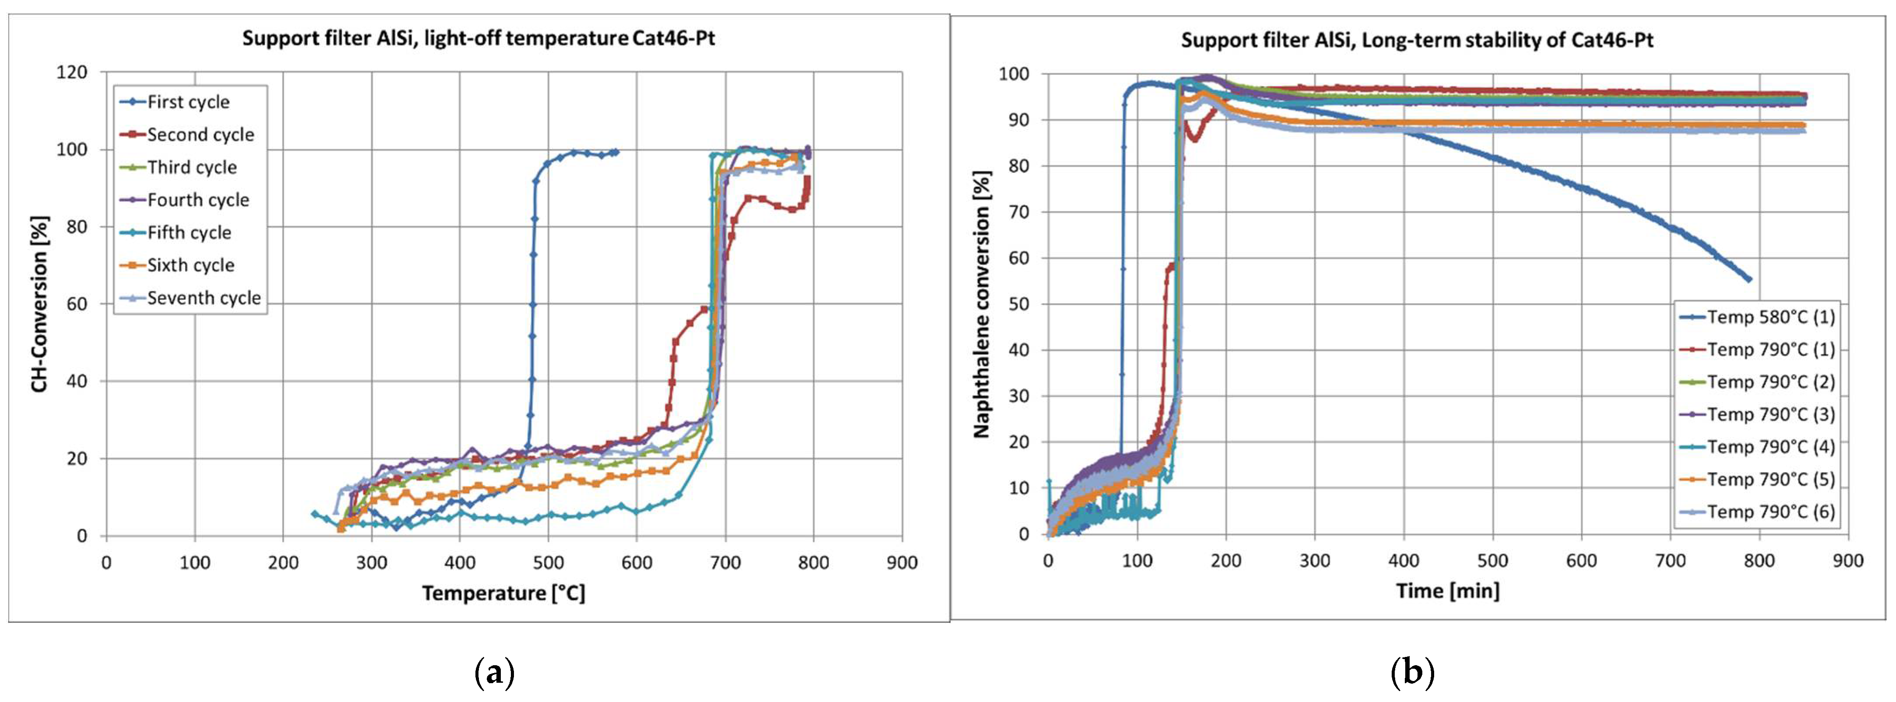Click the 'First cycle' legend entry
tap(188, 102)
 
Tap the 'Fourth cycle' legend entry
tap(197, 200)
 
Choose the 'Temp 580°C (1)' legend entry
tap(1770, 317)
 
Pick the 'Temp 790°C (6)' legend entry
tap(1770, 512)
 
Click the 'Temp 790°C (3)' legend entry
tap(1770, 414)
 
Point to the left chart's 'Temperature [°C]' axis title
tap(503, 593)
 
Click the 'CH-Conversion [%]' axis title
tap(40, 304)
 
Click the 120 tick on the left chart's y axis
tap(71, 72)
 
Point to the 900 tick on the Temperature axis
tap(902, 563)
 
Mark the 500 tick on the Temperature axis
tap(549, 563)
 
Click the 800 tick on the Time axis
tap(1759, 561)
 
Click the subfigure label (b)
tap(1412, 673)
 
